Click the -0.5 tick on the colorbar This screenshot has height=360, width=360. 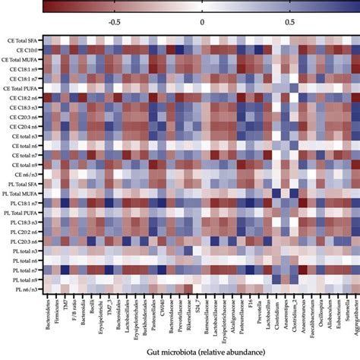click(114, 22)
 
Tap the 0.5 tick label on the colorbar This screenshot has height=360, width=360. click(290, 22)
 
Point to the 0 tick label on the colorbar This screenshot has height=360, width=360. click(202, 22)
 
